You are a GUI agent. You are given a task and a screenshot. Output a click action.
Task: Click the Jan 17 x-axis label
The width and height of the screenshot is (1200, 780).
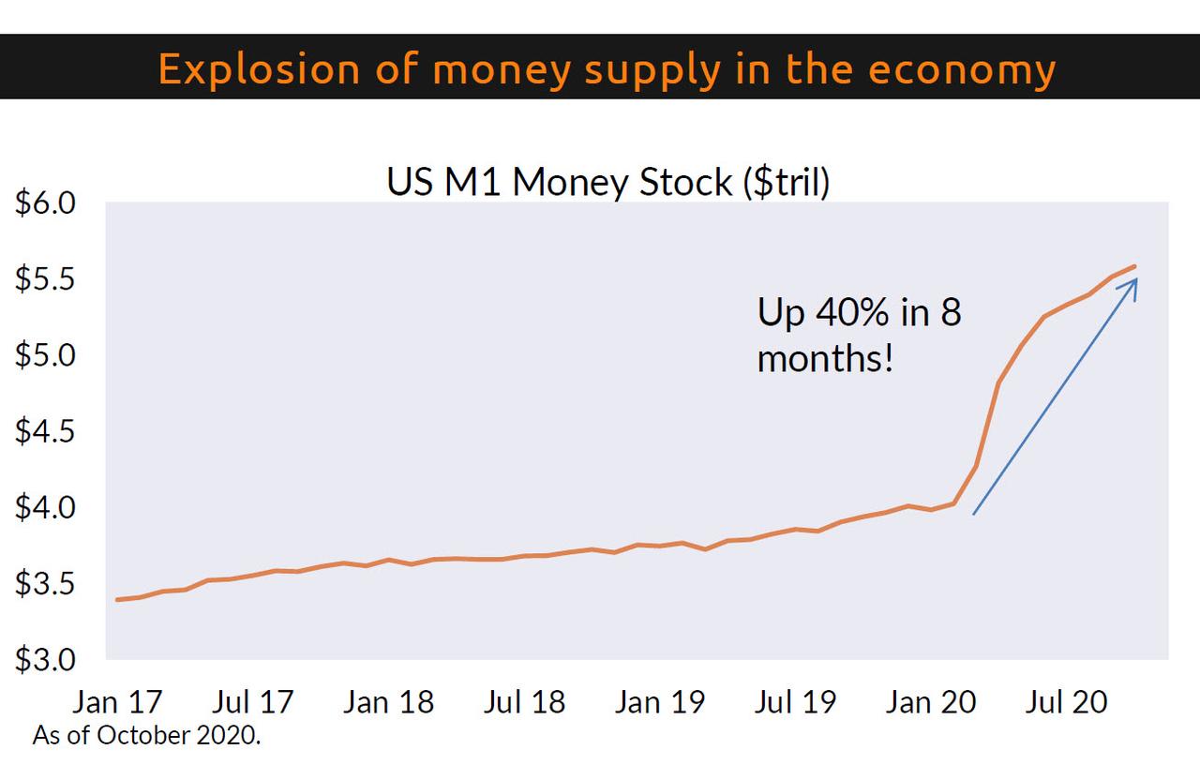click(x=117, y=702)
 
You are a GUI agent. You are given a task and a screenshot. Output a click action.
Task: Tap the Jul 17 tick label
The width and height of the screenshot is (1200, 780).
click(x=253, y=702)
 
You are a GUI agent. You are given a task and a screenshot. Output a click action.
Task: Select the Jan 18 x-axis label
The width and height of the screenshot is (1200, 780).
click(x=388, y=702)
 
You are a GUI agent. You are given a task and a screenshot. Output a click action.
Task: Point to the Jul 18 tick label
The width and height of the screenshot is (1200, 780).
click(x=524, y=702)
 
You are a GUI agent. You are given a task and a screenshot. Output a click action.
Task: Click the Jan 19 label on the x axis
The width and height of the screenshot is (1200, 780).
click(x=660, y=702)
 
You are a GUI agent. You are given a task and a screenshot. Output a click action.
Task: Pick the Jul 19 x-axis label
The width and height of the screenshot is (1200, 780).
click(x=796, y=702)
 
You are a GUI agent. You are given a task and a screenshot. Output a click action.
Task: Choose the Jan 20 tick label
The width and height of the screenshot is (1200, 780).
click(x=931, y=702)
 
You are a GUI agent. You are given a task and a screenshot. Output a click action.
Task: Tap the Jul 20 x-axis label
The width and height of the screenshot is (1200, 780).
click(x=1067, y=702)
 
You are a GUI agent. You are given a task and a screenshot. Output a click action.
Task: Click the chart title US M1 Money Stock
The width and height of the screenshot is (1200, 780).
click(x=608, y=182)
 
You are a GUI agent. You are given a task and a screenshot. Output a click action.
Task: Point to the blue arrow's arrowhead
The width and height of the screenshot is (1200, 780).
click(x=1132, y=283)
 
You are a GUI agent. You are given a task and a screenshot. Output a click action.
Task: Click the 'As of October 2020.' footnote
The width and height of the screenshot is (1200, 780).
click(x=146, y=736)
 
